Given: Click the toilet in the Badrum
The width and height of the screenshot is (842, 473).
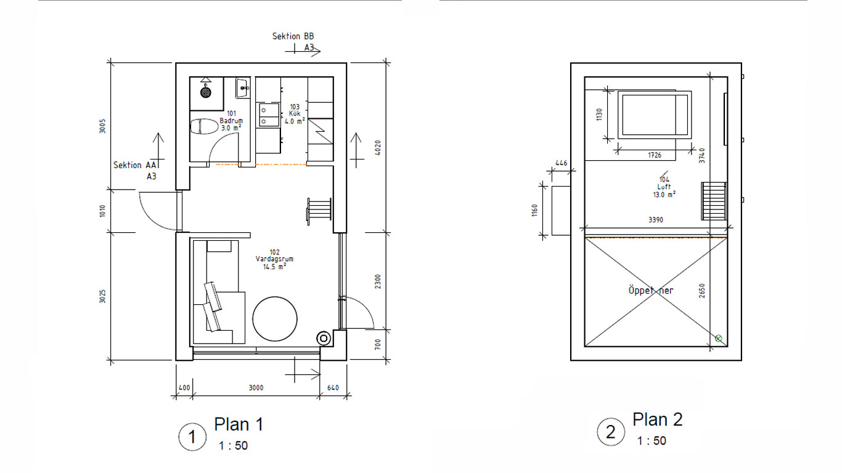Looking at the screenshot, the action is point(204,126).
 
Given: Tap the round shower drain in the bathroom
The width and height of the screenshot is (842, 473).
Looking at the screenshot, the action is point(206,92).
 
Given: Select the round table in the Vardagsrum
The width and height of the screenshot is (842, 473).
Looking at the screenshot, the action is point(275,319).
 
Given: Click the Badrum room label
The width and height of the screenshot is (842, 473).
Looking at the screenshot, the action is point(231,121).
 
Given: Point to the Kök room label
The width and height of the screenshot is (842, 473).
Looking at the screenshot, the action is point(295,114).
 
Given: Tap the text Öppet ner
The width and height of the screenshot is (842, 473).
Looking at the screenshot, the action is point(651,291).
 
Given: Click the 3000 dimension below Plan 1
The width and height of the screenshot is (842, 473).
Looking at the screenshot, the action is point(256,388).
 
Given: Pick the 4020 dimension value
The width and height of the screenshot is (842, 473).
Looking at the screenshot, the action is point(378,148).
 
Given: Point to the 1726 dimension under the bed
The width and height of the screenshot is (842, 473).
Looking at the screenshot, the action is point(655,155).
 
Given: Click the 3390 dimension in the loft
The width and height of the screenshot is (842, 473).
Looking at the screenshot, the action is point(656,220).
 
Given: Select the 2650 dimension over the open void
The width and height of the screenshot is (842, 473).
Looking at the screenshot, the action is point(702,291).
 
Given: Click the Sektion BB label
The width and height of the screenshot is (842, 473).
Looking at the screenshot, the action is point(293,36).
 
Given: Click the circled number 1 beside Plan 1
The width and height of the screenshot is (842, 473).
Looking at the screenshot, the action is point(192,437).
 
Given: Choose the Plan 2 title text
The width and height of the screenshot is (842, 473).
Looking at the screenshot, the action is point(658,419).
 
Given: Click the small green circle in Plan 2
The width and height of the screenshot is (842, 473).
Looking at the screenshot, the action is point(718,339).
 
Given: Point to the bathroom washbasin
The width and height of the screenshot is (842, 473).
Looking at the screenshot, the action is point(243,88).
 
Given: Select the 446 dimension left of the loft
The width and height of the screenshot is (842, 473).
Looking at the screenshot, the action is point(561,163).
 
